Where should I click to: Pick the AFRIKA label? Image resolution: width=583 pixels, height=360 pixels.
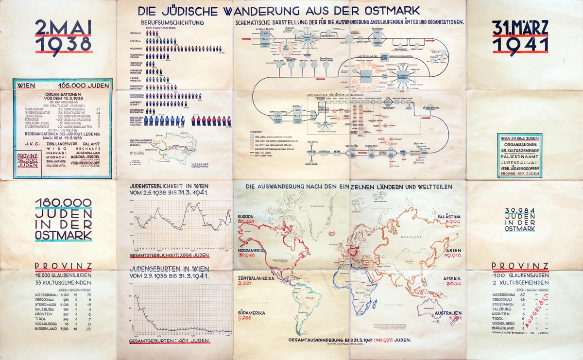pos(451,278)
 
